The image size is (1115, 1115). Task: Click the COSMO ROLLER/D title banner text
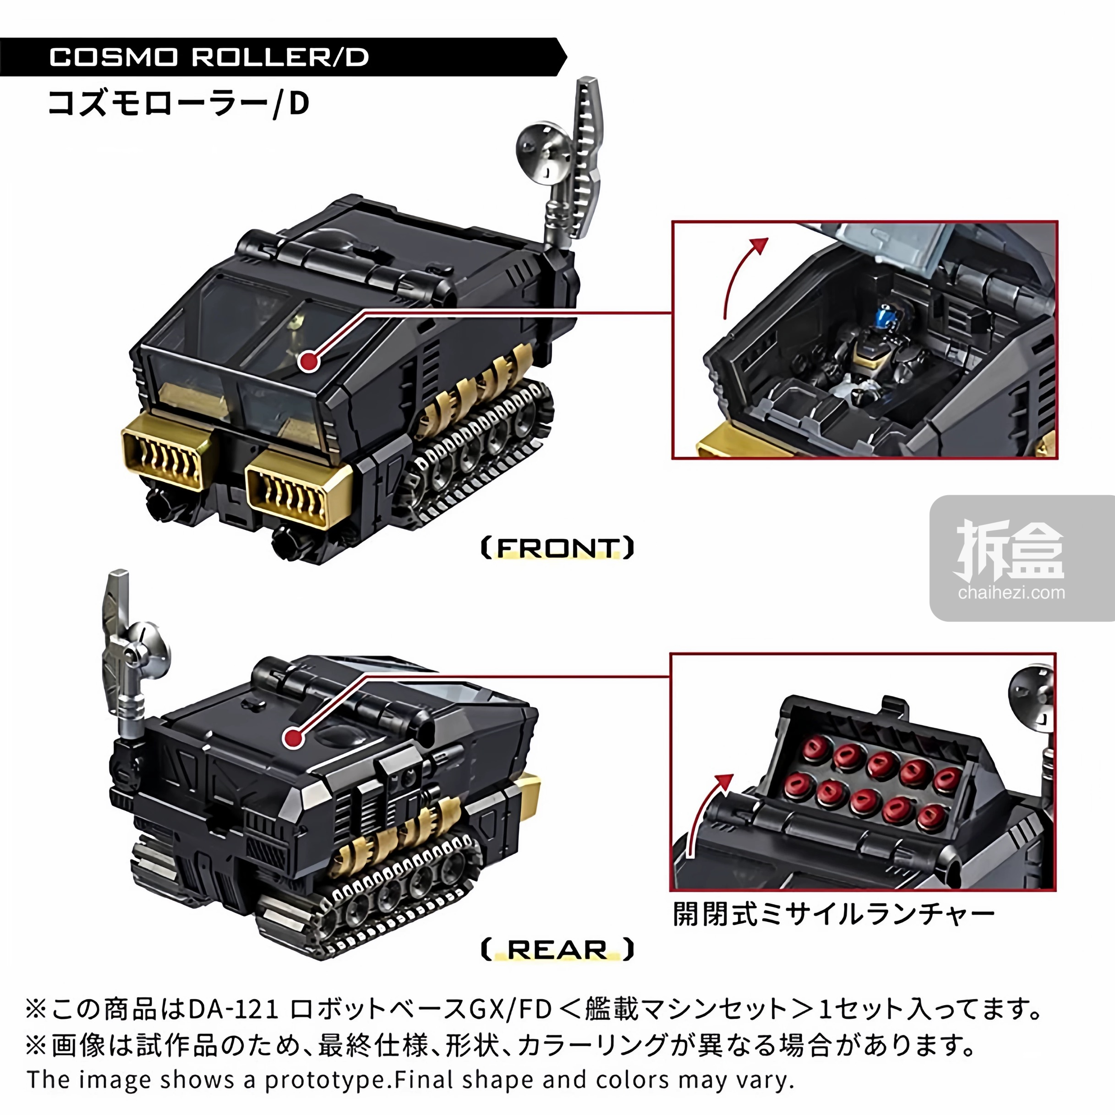point(209,57)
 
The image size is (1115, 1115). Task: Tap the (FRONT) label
point(557,548)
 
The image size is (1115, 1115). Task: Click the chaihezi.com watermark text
point(1011,592)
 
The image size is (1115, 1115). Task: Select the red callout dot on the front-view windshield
point(310,362)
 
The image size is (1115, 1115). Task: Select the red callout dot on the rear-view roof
point(294,738)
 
